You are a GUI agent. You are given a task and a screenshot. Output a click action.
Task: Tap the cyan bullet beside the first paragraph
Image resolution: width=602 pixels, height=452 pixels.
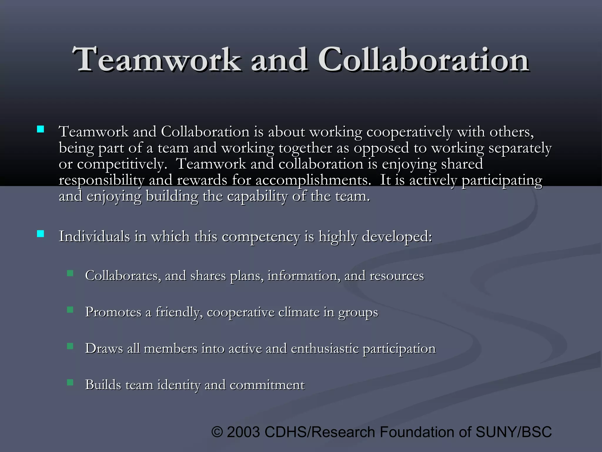coord(41,129)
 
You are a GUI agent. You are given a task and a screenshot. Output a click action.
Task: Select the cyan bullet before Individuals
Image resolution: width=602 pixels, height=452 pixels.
coord(41,234)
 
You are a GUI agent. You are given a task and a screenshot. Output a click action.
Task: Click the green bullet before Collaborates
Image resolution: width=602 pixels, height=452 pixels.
coord(70,273)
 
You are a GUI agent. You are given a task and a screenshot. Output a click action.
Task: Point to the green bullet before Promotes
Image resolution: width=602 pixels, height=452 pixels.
coord(70,310)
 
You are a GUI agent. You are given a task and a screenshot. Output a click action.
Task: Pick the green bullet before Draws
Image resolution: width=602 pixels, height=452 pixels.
coord(70,346)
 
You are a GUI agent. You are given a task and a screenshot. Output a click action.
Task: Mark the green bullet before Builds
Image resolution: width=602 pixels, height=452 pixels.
coord(70,382)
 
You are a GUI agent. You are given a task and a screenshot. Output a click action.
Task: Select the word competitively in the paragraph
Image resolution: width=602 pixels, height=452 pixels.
coord(122,164)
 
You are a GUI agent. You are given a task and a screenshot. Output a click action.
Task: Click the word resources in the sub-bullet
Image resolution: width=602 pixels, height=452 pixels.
coord(397,276)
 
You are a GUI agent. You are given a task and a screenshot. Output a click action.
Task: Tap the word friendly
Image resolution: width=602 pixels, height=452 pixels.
coord(179,312)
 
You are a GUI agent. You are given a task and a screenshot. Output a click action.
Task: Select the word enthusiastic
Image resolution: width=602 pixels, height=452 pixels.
coord(325,349)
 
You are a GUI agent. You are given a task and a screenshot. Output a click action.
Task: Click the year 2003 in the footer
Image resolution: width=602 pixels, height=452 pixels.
coord(243,432)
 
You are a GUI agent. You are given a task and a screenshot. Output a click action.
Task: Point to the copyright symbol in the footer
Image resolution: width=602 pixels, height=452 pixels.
coord(217,432)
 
